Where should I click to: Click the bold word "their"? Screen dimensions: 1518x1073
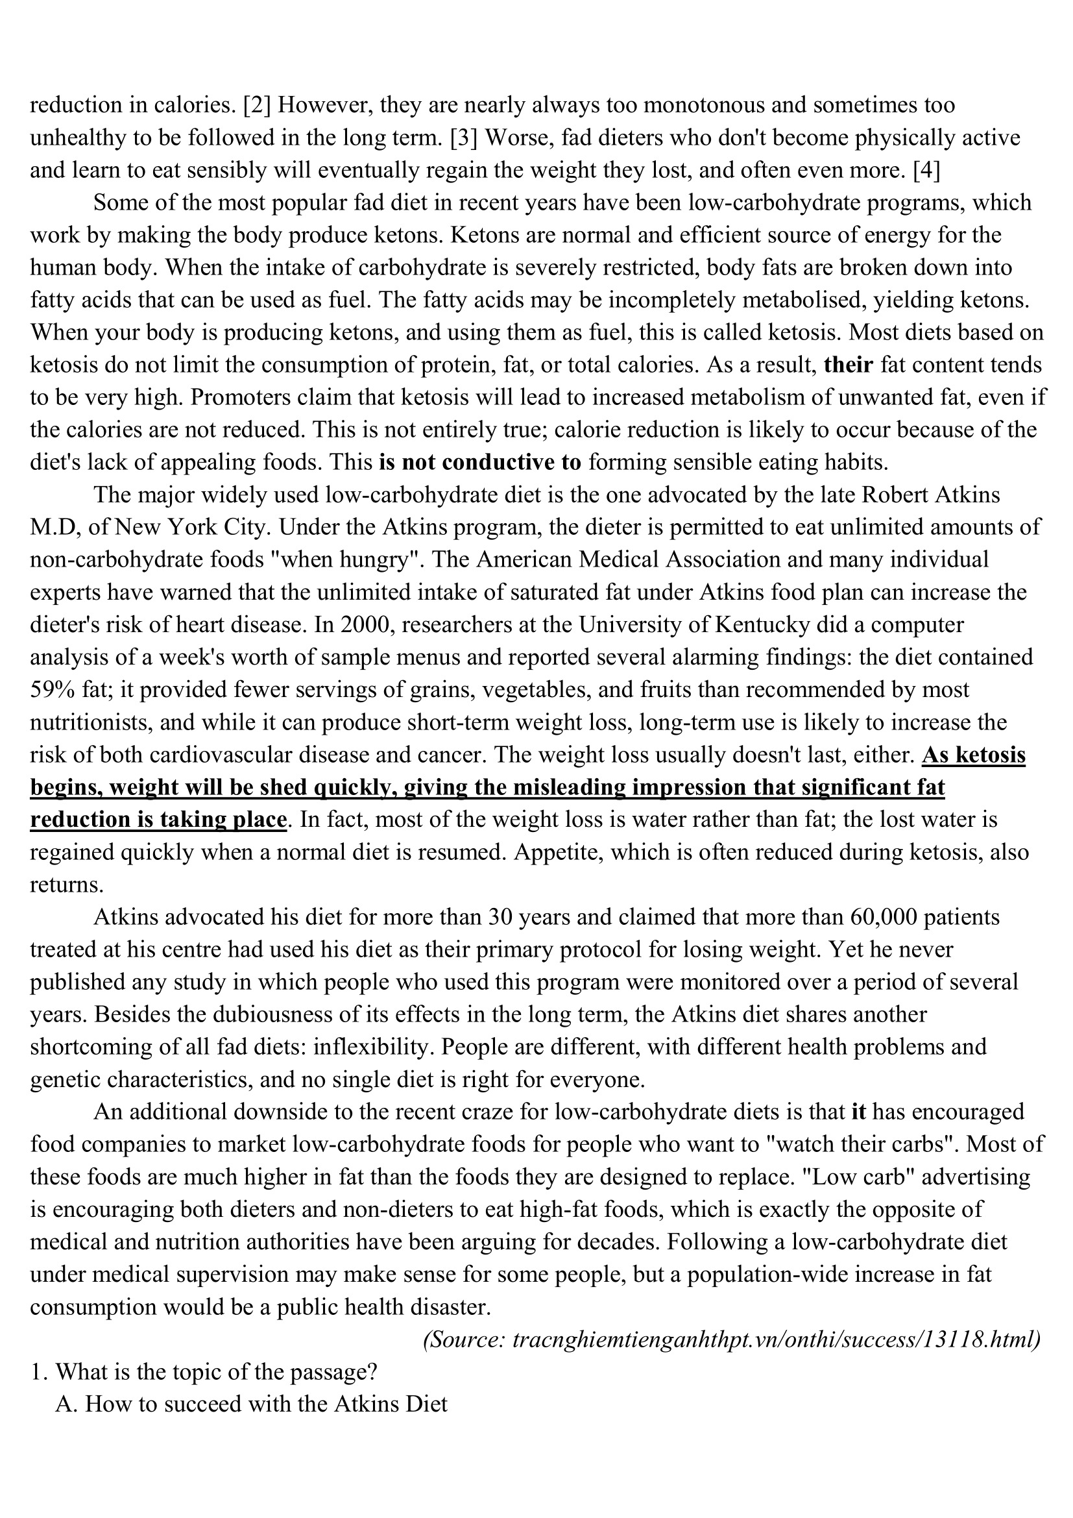point(849,365)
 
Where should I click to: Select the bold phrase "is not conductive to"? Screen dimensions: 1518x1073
point(480,462)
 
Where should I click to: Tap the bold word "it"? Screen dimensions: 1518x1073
point(858,1111)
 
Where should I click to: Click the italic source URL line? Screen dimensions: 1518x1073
point(732,1340)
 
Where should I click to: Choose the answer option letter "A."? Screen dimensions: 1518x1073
point(67,1404)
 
